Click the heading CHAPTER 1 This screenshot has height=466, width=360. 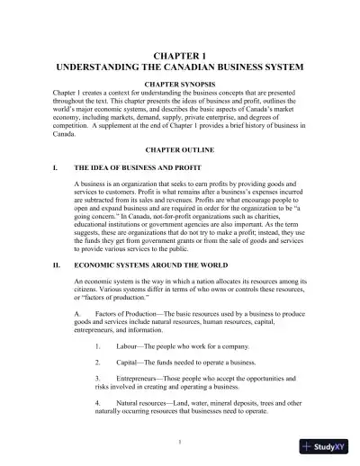tap(180, 55)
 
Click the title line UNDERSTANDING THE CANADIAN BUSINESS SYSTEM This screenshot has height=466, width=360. tap(180, 67)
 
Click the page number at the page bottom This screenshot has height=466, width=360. tap(180, 442)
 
